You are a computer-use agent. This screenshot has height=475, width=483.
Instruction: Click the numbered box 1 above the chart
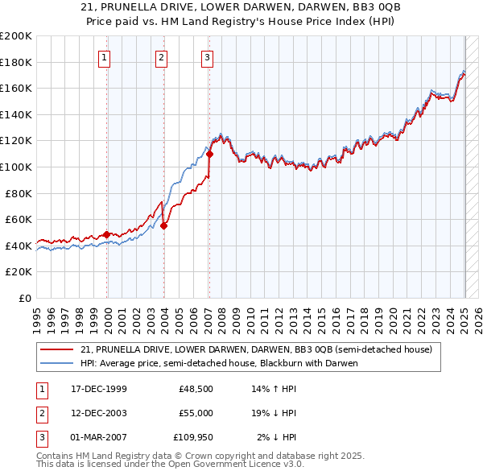[x=105, y=57]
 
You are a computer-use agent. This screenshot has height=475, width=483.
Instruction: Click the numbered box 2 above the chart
[x=162, y=57]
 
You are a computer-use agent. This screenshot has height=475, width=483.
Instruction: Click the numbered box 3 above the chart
[x=208, y=57]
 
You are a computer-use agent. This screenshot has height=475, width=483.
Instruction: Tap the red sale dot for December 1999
[x=106, y=234]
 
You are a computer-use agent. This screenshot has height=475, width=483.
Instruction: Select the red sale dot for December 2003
[x=163, y=225]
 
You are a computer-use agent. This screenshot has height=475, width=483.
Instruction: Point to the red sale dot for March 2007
[x=208, y=154]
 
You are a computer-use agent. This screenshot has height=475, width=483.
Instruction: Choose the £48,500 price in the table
[x=196, y=389]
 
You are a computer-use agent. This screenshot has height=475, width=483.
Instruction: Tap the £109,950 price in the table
[x=193, y=437]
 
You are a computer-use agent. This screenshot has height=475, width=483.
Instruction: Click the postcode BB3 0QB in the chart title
[x=346, y=6]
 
